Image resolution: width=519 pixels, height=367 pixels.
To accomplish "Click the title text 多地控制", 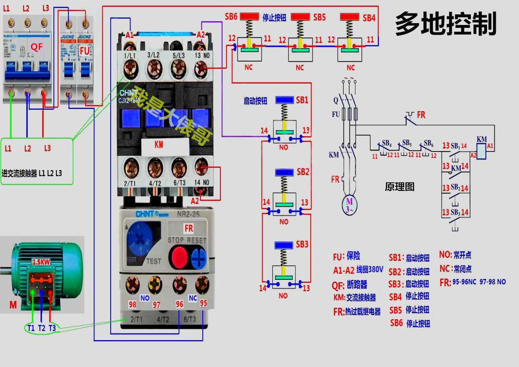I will point(445,24).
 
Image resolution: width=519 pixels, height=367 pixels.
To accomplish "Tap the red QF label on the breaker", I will point(37,47).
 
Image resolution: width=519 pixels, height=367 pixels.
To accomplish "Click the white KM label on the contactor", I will point(159,145).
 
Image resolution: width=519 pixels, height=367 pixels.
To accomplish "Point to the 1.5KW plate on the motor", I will point(41,262).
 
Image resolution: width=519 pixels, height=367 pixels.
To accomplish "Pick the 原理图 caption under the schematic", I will point(400,187).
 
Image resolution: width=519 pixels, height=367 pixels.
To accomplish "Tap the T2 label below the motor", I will point(42,328).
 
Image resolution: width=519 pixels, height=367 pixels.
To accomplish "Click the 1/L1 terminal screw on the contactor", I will point(130,71).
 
